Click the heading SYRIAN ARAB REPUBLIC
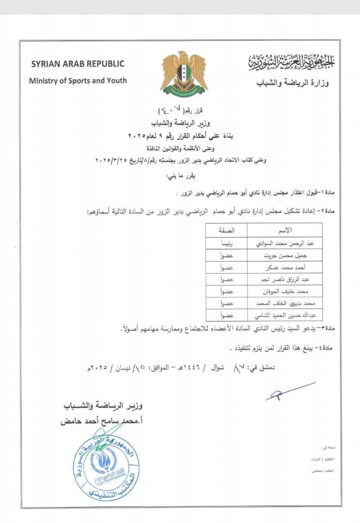[x=78, y=63]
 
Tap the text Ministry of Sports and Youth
[x=78, y=80]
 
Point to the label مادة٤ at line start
[x=337, y=349]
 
